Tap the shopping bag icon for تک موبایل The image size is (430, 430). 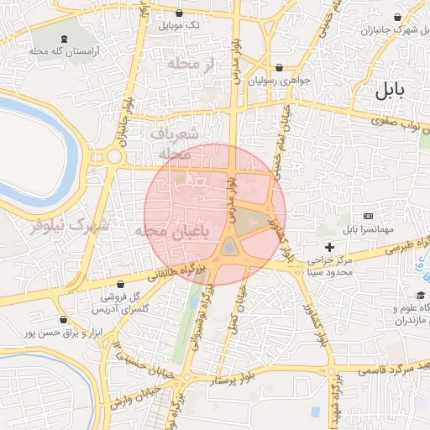click(x=181, y=13)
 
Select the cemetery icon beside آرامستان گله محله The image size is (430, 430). click(x=65, y=39)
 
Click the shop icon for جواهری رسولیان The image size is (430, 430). click(x=279, y=68)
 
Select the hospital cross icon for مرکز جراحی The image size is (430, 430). click(x=330, y=248)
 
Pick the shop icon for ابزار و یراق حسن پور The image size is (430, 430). click(x=64, y=320)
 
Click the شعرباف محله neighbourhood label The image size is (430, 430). click(x=176, y=144)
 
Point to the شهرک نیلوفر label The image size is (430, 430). click(x=70, y=226)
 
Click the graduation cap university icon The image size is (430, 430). click(x=420, y=295)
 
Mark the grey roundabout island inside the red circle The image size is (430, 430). click(x=228, y=246)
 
